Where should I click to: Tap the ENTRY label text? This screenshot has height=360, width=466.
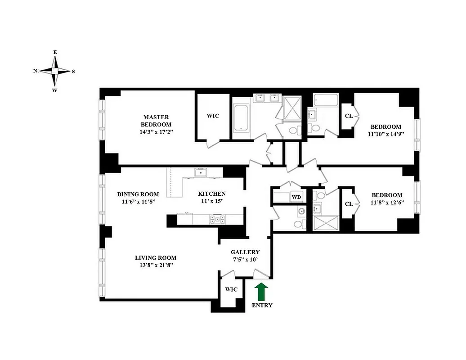pos(262,305)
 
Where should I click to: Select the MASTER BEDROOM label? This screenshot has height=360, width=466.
pos(156,121)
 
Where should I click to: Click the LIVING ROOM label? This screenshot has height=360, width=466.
pos(156,258)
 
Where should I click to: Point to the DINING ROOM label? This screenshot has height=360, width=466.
pos(138,194)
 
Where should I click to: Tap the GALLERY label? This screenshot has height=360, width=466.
pos(245,252)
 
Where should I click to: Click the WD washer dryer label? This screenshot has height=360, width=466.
pos(296,197)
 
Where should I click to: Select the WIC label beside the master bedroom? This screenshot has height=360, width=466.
pos(213,116)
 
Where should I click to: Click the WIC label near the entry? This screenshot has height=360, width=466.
pos(231,289)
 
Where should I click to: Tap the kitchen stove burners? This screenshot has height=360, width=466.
pos(217,220)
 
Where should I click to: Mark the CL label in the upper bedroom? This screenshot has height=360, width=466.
pos(349,116)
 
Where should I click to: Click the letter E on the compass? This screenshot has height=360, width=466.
pos(55,53)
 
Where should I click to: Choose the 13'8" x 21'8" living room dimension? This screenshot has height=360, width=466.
pos(156,265)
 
